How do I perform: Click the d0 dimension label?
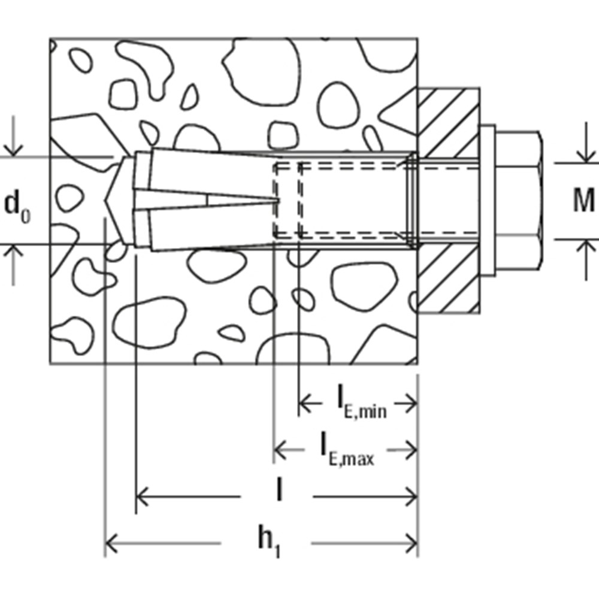[17, 205]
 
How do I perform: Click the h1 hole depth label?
[269, 543]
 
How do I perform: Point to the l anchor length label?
[279, 492]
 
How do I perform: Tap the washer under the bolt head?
[488, 201]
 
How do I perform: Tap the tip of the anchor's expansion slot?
[279, 201]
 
